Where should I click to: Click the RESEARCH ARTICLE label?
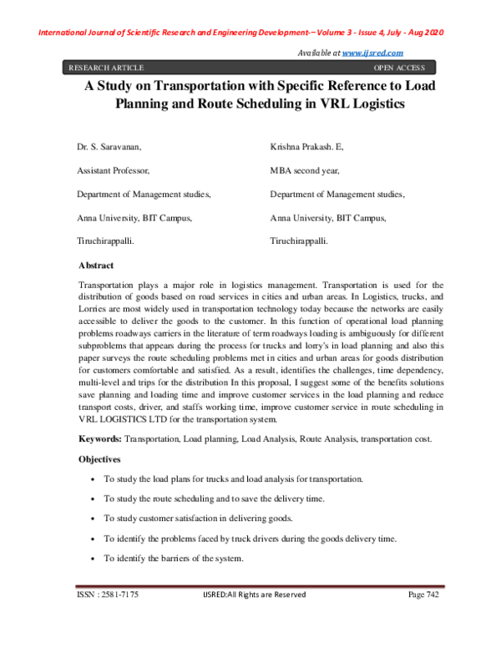point(106,68)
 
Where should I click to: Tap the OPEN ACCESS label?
point(399,68)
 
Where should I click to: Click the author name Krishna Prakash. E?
point(306,146)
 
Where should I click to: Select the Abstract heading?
point(96,265)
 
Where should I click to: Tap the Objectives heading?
point(100,459)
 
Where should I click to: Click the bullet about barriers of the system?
point(173,558)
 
